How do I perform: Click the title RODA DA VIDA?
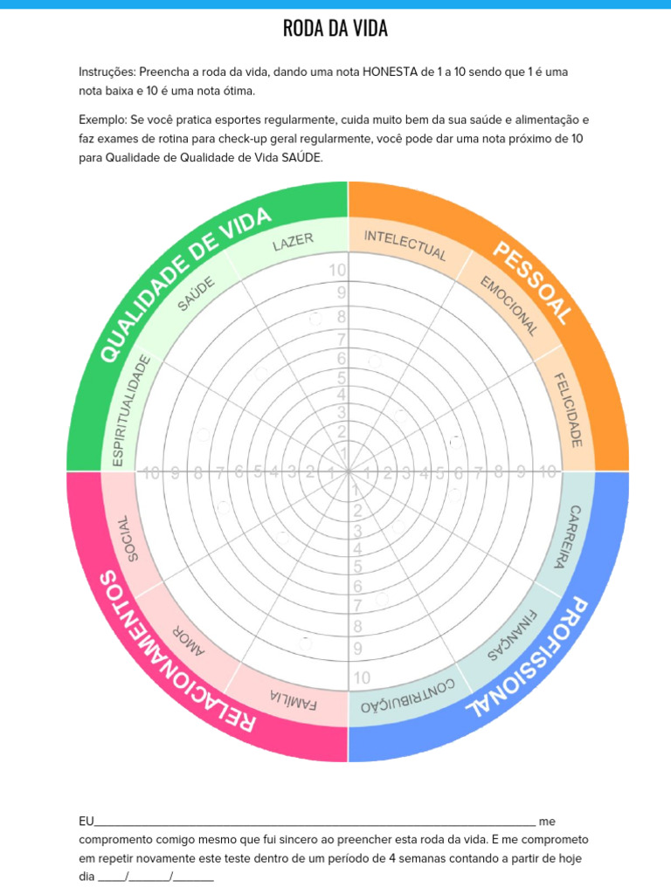[335, 29]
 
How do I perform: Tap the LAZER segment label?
[293, 241]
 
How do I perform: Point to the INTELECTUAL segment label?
[405, 245]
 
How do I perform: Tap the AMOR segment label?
[190, 637]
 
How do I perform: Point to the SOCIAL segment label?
[127, 538]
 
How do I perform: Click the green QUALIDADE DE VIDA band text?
[183, 284]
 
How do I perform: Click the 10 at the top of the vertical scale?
[337, 271]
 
